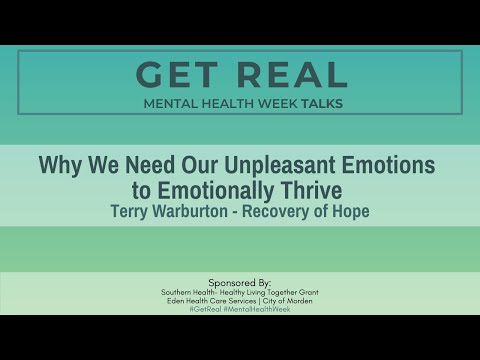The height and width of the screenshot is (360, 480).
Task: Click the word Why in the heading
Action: (60, 163)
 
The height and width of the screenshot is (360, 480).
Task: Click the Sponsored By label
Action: (239, 282)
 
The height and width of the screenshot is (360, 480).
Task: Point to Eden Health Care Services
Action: (213, 300)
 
